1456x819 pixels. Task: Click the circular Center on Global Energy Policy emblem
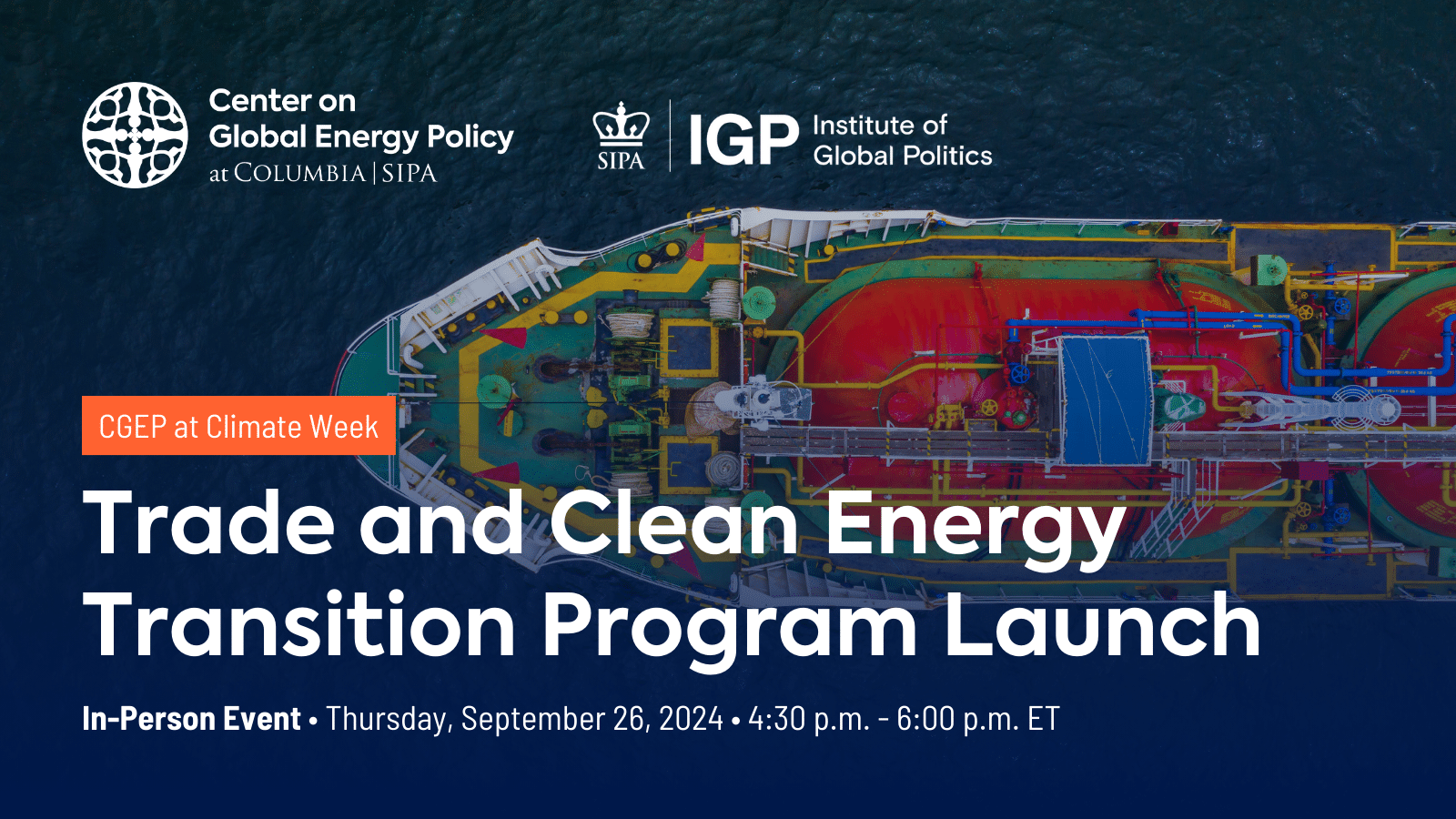click(135, 135)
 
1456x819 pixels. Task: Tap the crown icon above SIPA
click(621, 125)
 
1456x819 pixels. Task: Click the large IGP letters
click(743, 140)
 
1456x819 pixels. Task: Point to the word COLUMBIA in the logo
click(299, 173)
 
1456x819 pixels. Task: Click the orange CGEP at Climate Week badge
click(238, 426)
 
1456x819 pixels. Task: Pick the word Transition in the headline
click(300, 626)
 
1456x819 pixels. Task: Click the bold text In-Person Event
click(191, 719)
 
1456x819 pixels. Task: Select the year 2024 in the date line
click(691, 719)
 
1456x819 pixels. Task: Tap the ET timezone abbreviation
click(1044, 719)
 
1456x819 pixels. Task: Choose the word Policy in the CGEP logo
click(470, 137)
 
